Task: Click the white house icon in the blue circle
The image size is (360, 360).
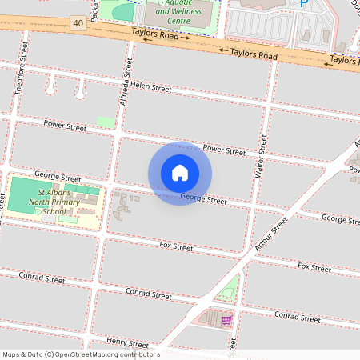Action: click(180, 173)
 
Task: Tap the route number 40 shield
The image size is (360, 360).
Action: click(77, 23)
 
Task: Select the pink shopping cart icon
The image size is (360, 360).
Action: click(226, 320)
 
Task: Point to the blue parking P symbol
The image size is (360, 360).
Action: click(303, 4)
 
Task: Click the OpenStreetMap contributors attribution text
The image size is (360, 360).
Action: click(81, 354)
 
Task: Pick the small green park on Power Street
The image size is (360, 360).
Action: click(106, 122)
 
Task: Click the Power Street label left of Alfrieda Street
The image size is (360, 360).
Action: click(65, 126)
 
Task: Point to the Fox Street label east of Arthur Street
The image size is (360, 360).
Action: click(314, 267)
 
